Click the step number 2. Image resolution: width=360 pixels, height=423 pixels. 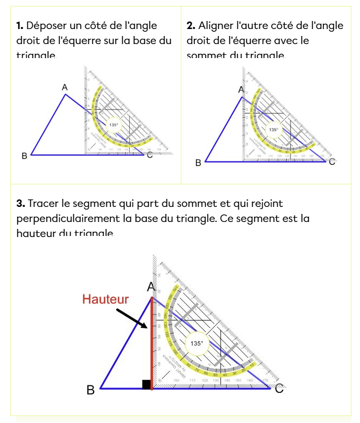click(x=190, y=25)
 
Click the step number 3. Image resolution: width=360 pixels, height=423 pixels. click(x=20, y=204)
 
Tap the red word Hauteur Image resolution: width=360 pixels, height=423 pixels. click(x=105, y=299)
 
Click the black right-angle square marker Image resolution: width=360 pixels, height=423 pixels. click(x=146, y=384)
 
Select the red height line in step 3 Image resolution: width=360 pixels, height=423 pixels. click(x=152, y=344)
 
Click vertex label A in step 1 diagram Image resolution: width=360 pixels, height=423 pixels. click(x=65, y=87)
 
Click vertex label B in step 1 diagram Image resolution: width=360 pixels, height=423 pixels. click(x=24, y=156)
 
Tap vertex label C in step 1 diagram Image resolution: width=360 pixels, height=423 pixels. click(x=149, y=156)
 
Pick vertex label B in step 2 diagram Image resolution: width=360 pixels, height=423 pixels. click(x=198, y=162)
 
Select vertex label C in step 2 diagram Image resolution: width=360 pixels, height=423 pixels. click(x=332, y=162)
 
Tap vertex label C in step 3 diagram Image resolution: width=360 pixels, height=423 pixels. click(x=279, y=389)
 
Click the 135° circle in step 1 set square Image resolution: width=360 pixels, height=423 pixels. click(x=114, y=125)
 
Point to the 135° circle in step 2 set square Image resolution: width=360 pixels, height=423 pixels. click(x=274, y=130)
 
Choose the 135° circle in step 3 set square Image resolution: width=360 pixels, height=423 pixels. click(x=197, y=343)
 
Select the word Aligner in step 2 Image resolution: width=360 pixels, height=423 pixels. click(x=216, y=25)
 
